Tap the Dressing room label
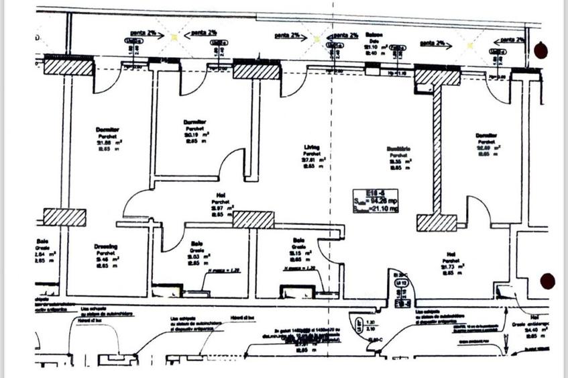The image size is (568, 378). [x=106, y=246]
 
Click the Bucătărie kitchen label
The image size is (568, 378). [x=398, y=148]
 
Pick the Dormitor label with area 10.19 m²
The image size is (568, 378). [x=194, y=122]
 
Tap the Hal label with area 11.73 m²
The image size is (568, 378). [x=451, y=254]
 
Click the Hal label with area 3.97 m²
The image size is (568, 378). [x=221, y=194]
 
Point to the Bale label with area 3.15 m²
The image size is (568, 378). [x=298, y=240]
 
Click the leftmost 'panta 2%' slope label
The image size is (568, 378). [x=141, y=32]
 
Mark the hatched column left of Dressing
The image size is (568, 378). [x=64, y=217]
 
